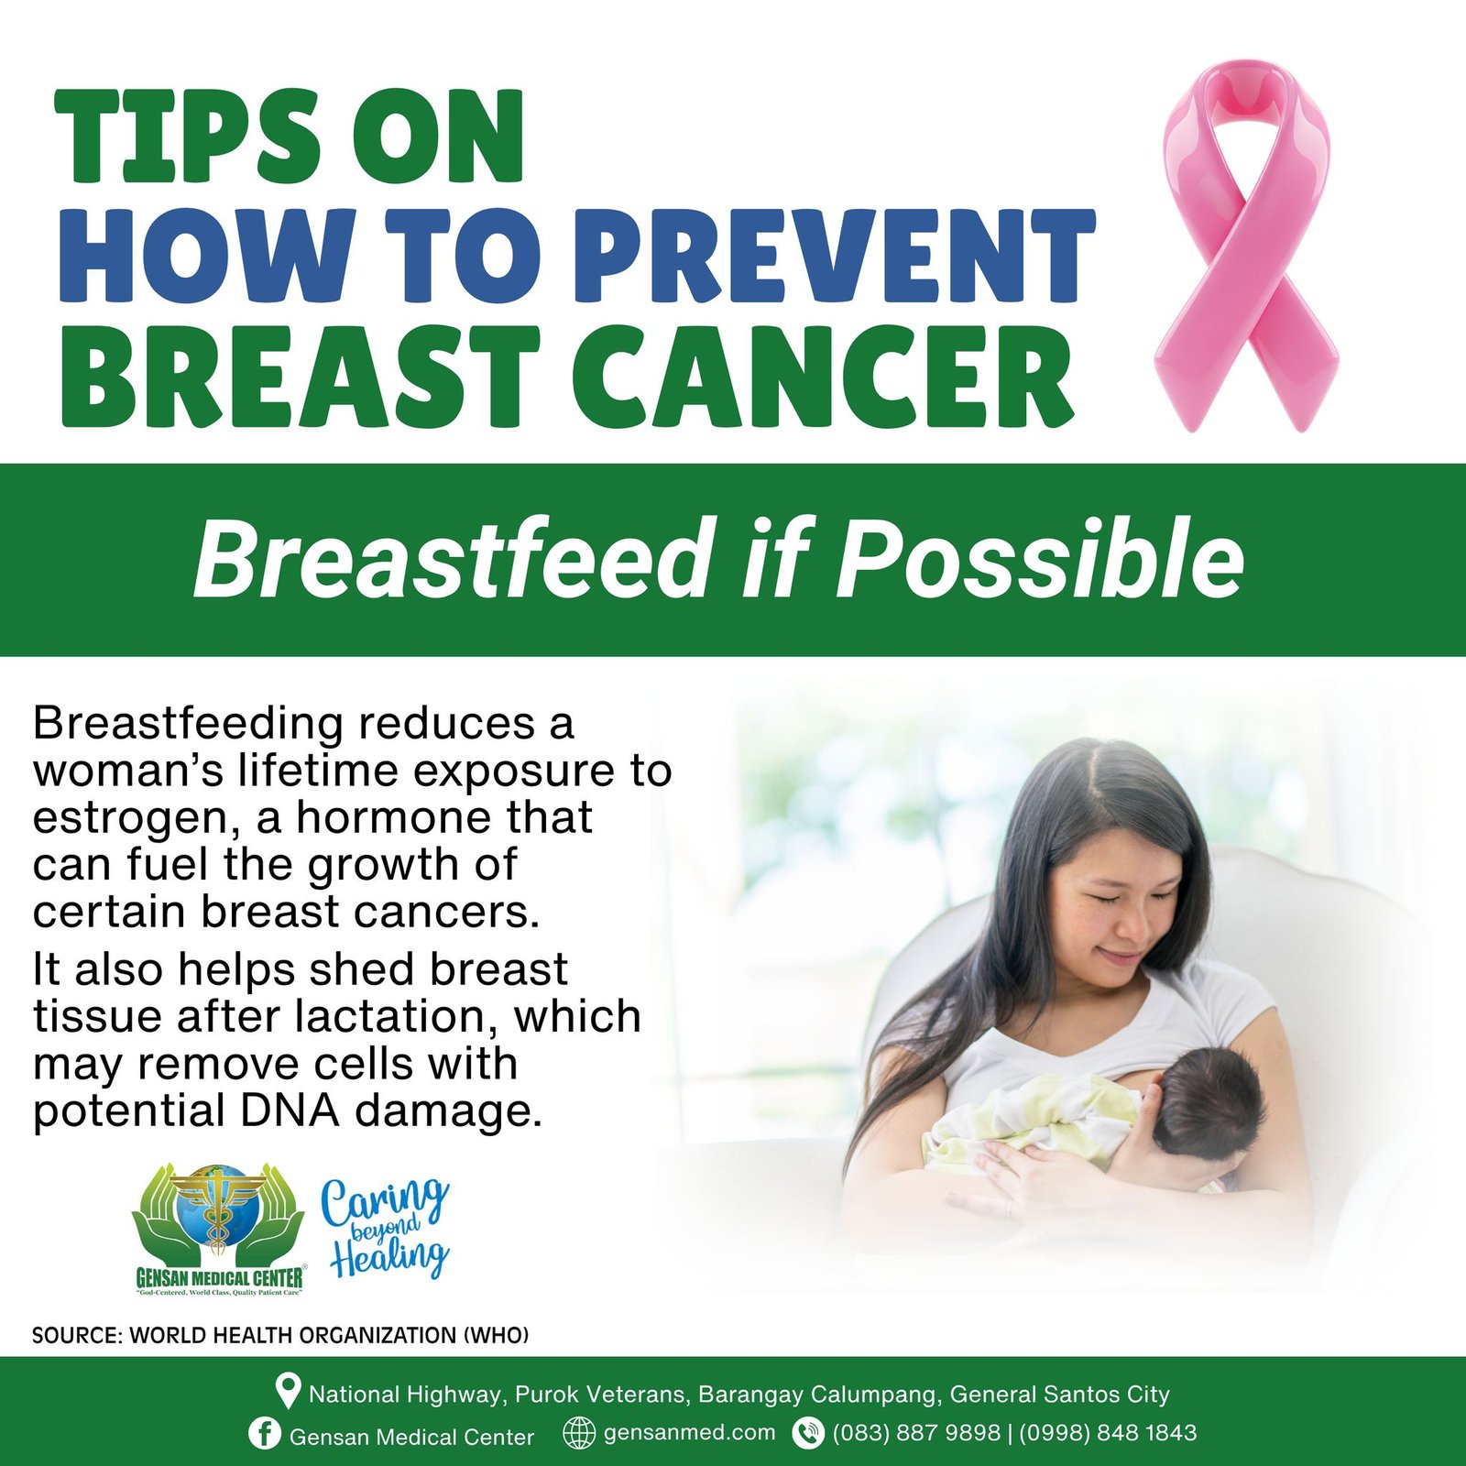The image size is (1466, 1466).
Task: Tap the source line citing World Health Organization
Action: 280,1335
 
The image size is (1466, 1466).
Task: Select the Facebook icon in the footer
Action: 264,1434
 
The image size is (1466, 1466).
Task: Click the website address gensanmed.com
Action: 689,1433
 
